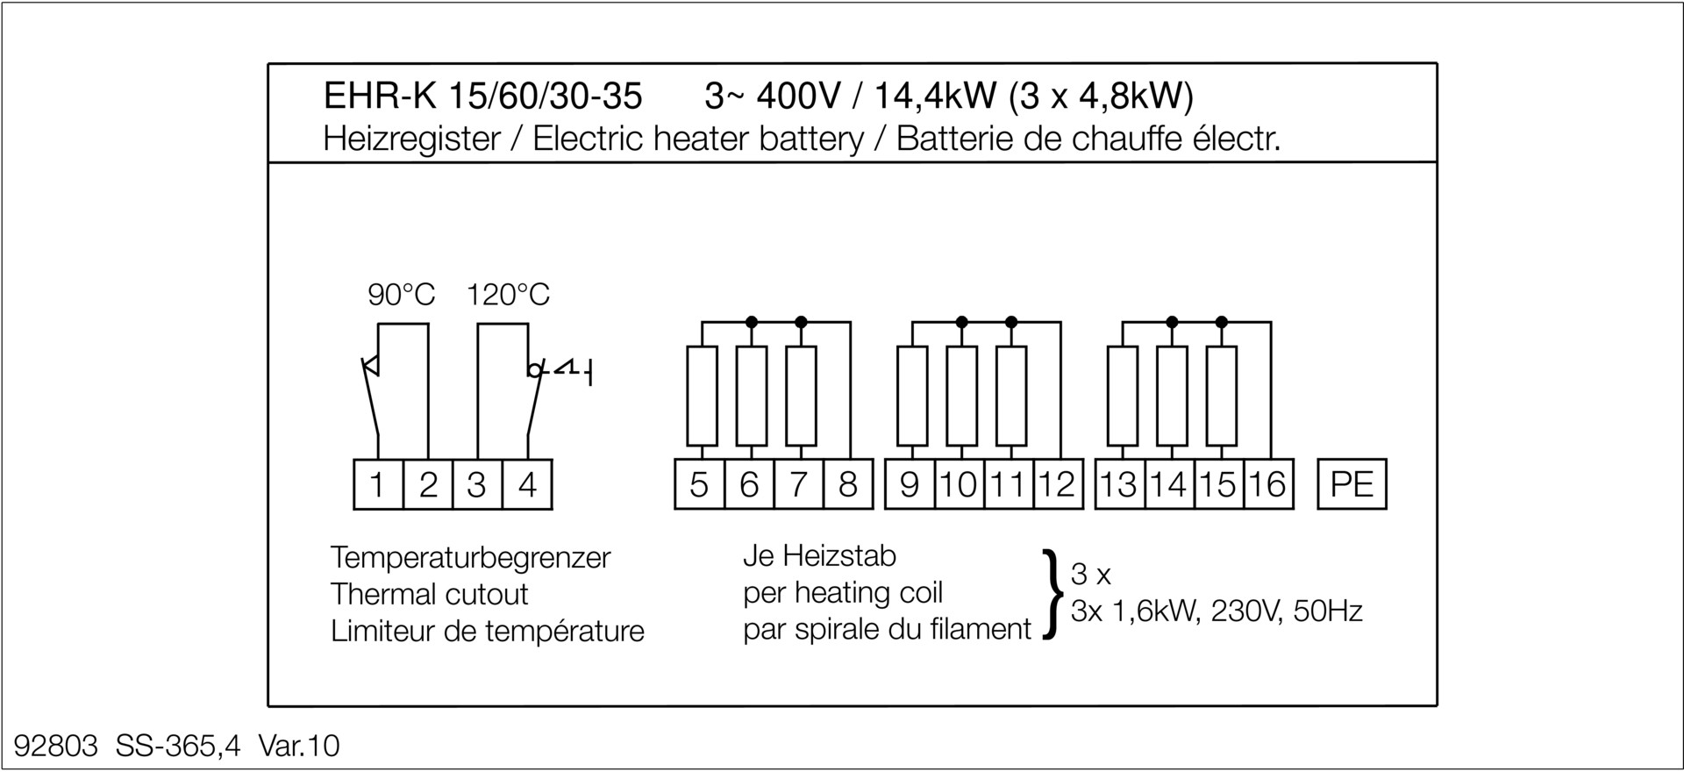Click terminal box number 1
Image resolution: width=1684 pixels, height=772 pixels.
point(378,484)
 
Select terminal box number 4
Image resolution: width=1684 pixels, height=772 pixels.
point(527,484)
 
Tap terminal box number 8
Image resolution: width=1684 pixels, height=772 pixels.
point(848,484)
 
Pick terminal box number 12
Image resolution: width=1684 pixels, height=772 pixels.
point(1058,484)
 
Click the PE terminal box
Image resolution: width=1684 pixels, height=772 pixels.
point(1352,484)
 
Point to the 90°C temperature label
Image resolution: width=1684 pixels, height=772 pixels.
point(401,295)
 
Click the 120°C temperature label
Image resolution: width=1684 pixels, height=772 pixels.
point(508,295)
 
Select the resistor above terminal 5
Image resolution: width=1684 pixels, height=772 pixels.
point(702,396)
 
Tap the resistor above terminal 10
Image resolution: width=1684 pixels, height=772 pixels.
point(962,396)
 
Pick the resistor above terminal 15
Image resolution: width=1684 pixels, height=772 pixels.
point(1222,396)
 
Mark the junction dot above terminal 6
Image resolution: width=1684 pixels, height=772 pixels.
point(751,322)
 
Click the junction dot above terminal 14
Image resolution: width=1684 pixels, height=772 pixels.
point(1172,322)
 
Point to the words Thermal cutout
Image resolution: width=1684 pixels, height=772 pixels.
point(429,594)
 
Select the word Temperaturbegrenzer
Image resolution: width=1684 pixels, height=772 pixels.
point(470,557)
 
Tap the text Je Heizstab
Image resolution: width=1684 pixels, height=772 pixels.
point(819,555)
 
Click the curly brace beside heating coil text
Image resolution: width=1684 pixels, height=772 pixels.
point(1050,594)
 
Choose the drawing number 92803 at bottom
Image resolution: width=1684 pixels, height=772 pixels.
point(56,746)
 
